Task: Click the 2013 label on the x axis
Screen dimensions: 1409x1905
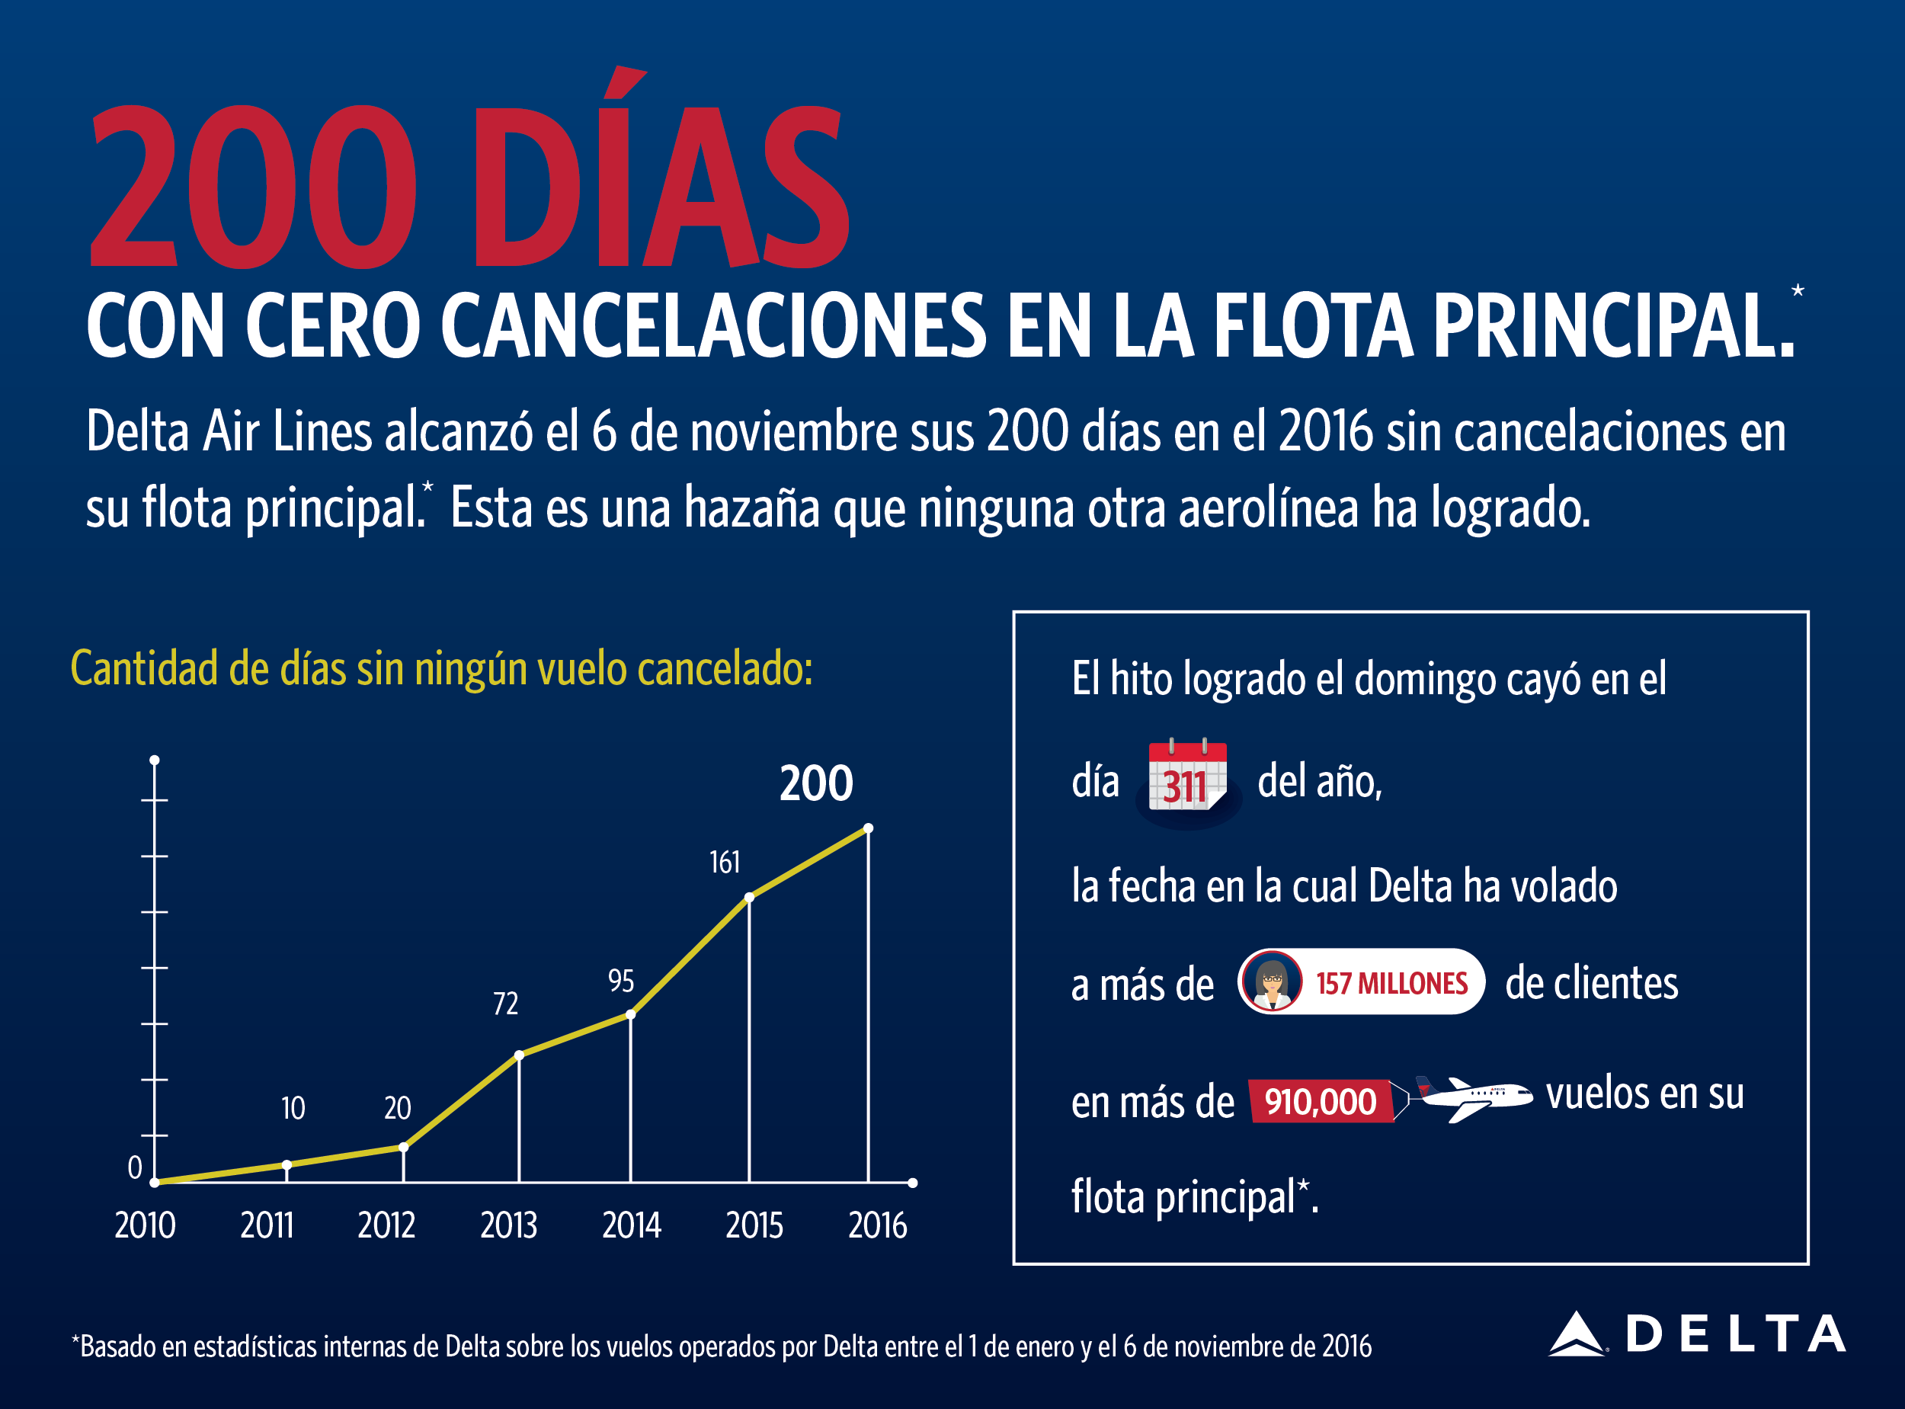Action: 508,1225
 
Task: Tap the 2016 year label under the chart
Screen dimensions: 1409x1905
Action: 878,1225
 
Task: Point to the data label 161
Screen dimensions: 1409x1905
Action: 725,863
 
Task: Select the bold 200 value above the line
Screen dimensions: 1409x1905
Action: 816,783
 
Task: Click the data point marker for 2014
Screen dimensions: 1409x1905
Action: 630,1015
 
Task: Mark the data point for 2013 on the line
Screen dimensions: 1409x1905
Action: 520,1056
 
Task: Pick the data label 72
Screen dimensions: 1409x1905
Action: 506,1004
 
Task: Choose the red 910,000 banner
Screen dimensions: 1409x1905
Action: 1320,1102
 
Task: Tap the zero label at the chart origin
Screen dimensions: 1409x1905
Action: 135,1167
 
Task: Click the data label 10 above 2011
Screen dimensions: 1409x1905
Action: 293,1109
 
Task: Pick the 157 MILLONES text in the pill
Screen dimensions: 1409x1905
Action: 1391,983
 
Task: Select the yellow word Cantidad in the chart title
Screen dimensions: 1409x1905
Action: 145,668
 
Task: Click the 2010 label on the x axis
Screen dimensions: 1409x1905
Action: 145,1225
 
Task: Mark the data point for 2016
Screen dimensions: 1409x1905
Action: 868,828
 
